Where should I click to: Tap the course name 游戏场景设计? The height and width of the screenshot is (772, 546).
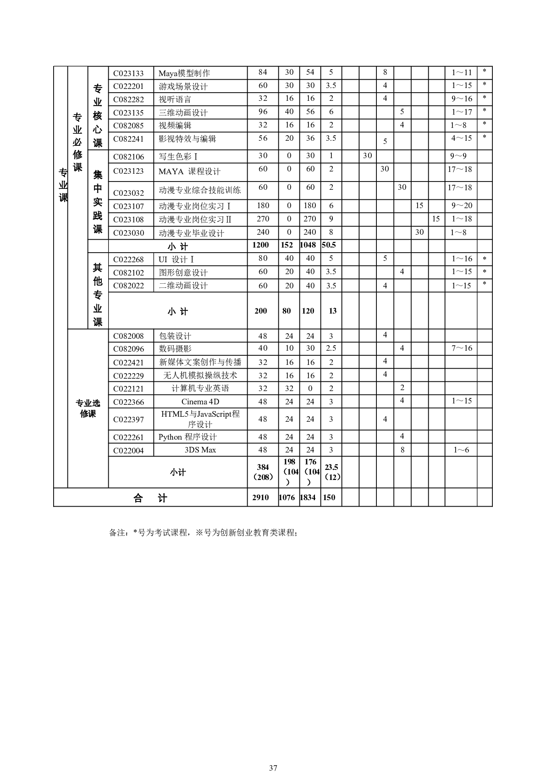(x=183, y=86)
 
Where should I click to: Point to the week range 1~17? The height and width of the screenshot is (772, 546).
(x=461, y=112)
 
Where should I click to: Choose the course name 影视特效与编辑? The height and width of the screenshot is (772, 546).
(x=187, y=138)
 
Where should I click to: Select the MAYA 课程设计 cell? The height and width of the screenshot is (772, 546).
(x=189, y=171)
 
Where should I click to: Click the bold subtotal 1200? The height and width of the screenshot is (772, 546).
(x=260, y=245)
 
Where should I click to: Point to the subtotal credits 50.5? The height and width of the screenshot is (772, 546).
(x=329, y=245)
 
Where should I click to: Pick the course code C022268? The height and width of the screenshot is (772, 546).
(x=128, y=259)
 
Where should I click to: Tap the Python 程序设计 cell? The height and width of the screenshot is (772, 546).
(x=188, y=437)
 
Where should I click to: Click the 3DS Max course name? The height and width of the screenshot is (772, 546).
(x=200, y=450)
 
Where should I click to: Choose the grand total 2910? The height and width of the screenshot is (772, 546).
(x=260, y=498)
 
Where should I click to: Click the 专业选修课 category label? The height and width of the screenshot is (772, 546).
(x=88, y=408)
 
